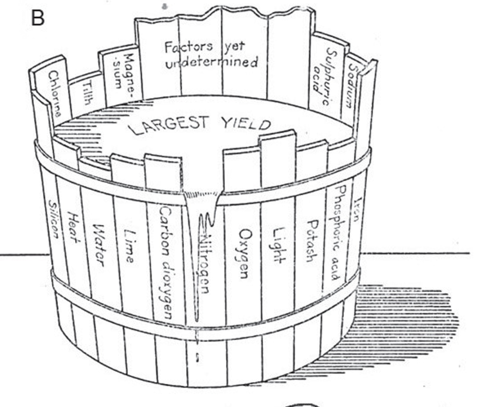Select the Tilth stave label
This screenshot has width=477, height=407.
coord(87,94)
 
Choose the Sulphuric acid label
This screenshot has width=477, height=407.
coord(326,76)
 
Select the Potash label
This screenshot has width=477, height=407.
coord(310,240)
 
